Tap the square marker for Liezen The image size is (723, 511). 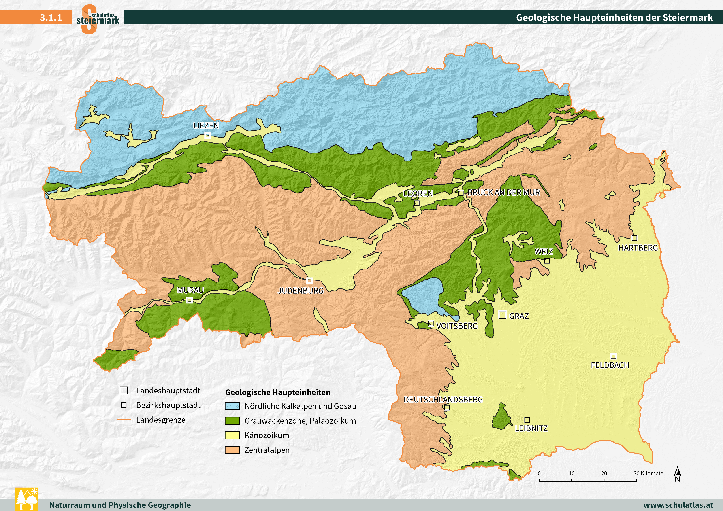pyautogui.click(x=207, y=135)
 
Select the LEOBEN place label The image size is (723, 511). pyautogui.click(x=418, y=193)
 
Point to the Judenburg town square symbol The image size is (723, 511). pyautogui.click(x=309, y=280)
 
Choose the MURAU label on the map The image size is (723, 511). pyautogui.click(x=190, y=290)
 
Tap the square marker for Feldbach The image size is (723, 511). pyautogui.click(x=613, y=356)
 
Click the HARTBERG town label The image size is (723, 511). pyautogui.click(x=638, y=248)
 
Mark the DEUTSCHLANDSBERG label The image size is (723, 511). pyautogui.click(x=443, y=400)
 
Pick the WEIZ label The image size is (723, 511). pyautogui.click(x=544, y=252)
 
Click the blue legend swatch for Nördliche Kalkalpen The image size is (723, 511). pyautogui.click(x=232, y=406)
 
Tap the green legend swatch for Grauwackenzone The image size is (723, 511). pyautogui.click(x=232, y=421)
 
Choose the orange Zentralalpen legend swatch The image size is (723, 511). pyautogui.click(x=232, y=450)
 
